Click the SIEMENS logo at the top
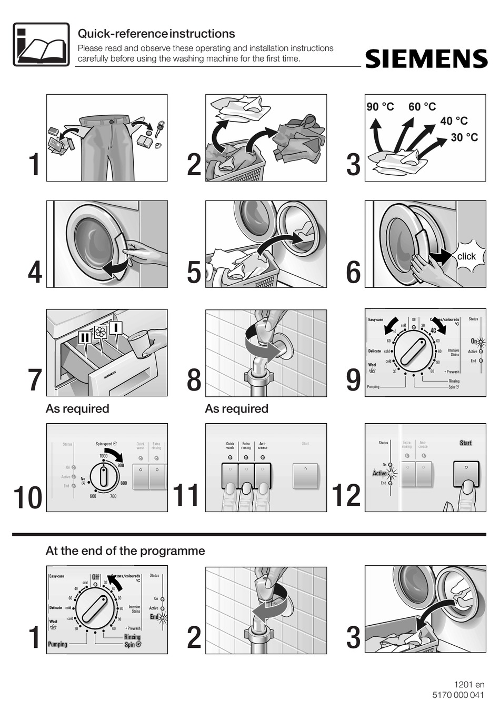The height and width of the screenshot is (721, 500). click(x=426, y=59)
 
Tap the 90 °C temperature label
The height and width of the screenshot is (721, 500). click(x=380, y=107)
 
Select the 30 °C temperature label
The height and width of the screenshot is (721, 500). click(x=464, y=137)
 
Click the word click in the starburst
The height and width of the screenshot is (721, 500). click(x=466, y=256)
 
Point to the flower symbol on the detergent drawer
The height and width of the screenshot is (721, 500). click(x=101, y=332)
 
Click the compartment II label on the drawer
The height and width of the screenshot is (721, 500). click(x=85, y=337)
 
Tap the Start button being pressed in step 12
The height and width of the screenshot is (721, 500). click(x=466, y=475)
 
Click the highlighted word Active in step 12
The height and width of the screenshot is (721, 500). click(x=380, y=473)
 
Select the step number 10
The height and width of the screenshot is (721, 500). click(x=28, y=498)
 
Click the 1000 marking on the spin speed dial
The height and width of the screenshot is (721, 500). click(x=104, y=456)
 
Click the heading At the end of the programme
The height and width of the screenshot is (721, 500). click(x=125, y=551)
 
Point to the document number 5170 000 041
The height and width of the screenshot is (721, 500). click(x=457, y=695)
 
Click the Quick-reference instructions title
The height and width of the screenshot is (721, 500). click(x=156, y=34)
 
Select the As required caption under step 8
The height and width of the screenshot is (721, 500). click(x=236, y=409)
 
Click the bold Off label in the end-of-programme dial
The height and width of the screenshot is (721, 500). click(x=95, y=577)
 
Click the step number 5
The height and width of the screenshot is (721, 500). click(x=194, y=273)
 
